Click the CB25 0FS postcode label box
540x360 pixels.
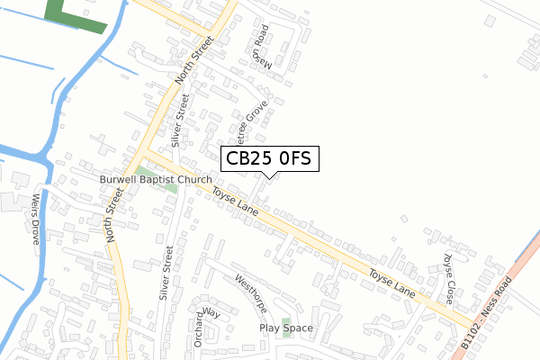tap(268, 158)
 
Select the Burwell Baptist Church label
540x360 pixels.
tap(155, 180)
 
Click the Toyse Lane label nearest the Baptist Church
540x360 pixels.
tap(236, 199)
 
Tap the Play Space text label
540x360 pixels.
tap(286, 328)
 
